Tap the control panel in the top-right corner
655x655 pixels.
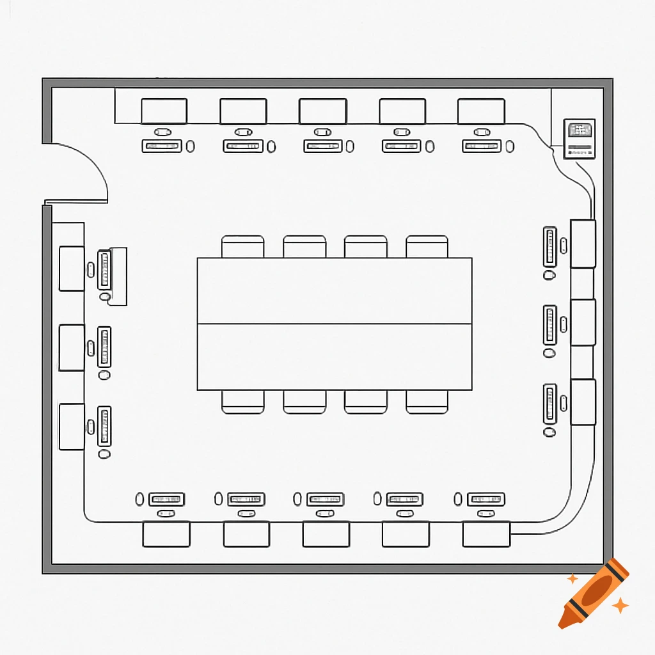tap(580, 139)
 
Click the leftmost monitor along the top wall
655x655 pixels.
tap(164, 111)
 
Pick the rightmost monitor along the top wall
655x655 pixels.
tap(481, 111)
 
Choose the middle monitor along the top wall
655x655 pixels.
tap(322, 111)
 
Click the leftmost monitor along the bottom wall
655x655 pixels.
tap(166, 534)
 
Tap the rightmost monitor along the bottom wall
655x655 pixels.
tap(486, 534)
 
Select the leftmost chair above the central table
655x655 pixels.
tap(243, 246)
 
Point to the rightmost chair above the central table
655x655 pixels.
tap(427, 246)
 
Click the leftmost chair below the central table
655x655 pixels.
tap(243, 402)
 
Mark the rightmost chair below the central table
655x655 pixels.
tap(427, 402)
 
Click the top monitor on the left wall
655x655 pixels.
tap(72, 269)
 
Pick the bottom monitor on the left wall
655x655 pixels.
tap(72, 427)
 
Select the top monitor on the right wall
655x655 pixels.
tap(583, 244)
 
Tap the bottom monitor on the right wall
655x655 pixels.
tap(583, 402)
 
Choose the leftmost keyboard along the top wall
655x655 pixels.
tap(162, 146)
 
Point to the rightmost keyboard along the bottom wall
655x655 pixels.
tap(486, 499)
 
